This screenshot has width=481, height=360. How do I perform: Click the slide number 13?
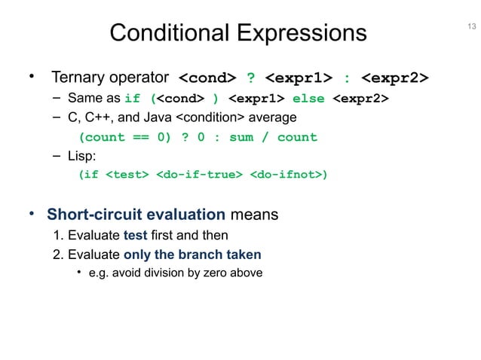pyautogui.click(x=471, y=27)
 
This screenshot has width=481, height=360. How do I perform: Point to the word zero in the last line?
pyautogui.click(x=219, y=273)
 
